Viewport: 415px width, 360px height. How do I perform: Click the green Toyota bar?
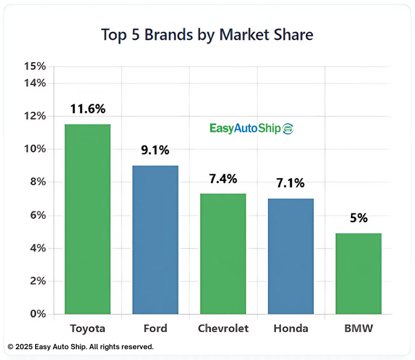pyautogui.click(x=88, y=219)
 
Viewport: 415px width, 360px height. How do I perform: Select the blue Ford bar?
pyautogui.click(x=155, y=240)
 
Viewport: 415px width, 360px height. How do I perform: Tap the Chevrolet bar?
pyautogui.click(x=223, y=254)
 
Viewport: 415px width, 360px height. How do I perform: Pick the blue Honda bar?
pyautogui.click(x=290, y=256)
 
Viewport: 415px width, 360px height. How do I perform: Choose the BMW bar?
pyautogui.click(x=358, y=273)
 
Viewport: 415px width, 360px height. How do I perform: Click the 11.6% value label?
pyautogui.click(x=88, y=109)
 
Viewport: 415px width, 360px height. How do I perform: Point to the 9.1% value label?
pyautogui.click(x=155, y=150)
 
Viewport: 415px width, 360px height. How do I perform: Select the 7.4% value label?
pyautogui.click(x=223, y=179)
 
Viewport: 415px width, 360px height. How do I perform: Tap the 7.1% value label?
pyautogui.click(x=290, y=183)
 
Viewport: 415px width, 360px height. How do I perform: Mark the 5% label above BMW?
pyautogui.click(x=358, y=218)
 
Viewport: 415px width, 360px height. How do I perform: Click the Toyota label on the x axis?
pyautogui.click(x=88, y=328)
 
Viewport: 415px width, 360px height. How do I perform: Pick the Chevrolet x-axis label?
pyautogui.click(x=223, y=328)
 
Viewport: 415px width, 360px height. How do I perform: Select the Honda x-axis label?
pyautogui.click(x=290, y=328)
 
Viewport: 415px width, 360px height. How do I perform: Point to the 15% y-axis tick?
pyautogui.click(x=35, y=67)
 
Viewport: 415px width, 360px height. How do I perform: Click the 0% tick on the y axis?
pyautogui.click(x=37, y=314)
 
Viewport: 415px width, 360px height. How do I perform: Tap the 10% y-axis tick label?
pyautogui.click(x=35, y=149)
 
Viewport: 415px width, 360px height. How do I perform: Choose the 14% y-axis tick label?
pyautogui.click(x=35, y=83)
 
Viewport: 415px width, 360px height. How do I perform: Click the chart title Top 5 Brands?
pyautogui.click(x=207, y=34)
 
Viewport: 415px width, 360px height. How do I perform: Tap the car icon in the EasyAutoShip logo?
pyautogui.click(x=288, y=128)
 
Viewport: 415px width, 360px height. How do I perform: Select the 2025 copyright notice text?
pyautogui.click(x=81, y=347)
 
